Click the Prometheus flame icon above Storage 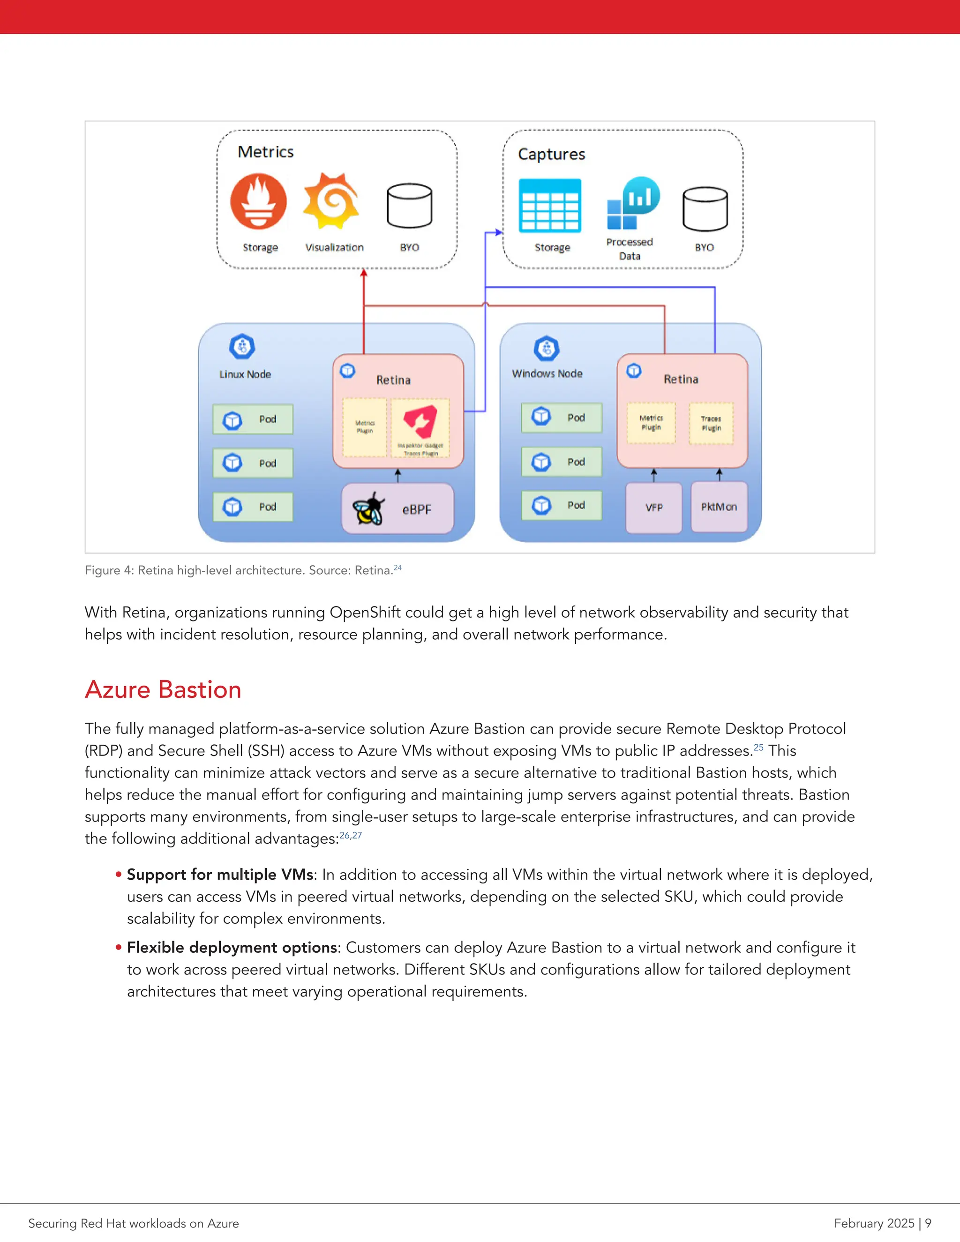[258, 202]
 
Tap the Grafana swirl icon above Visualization [331, 202]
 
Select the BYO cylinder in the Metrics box [409, 206]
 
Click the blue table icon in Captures [550, 205]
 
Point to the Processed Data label [630, 248]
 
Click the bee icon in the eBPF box [368, 508]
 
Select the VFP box [653, 507]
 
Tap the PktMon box [719, 507]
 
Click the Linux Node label [245, 374]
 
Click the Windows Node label [547, 374]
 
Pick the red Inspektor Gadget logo [420, 421]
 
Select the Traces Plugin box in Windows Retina [711, 423]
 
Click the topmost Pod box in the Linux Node [253, 419]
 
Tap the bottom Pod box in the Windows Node [561, 505]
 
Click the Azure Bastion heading [163, 689]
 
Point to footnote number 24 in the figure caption [397, 568]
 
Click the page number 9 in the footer [928, 1223]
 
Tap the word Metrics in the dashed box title [266, 152]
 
